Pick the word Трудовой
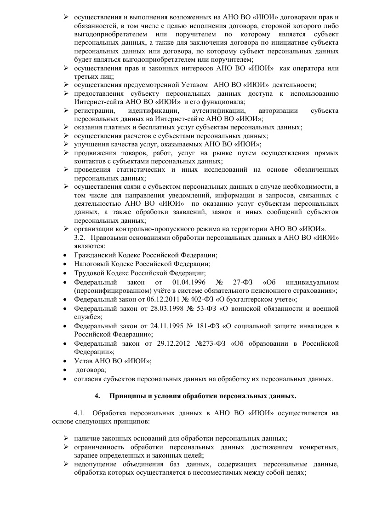pyautogui.click(x=90, y=273)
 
